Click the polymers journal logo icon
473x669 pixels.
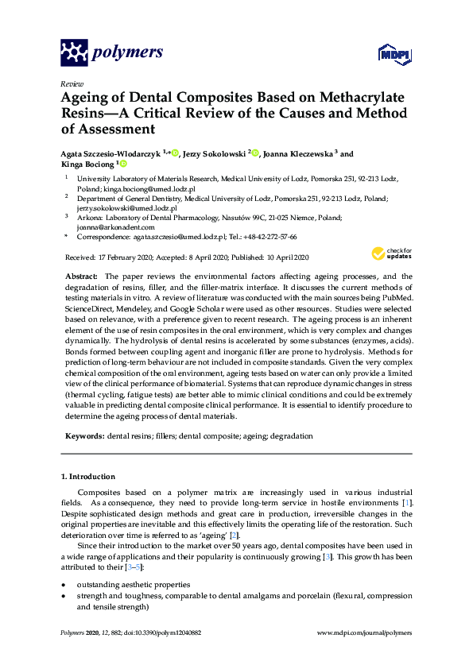[74, 52]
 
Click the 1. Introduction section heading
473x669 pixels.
[88, 477]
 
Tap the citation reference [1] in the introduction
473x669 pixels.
[407, 505]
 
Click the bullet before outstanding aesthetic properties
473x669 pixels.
[64, 584]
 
